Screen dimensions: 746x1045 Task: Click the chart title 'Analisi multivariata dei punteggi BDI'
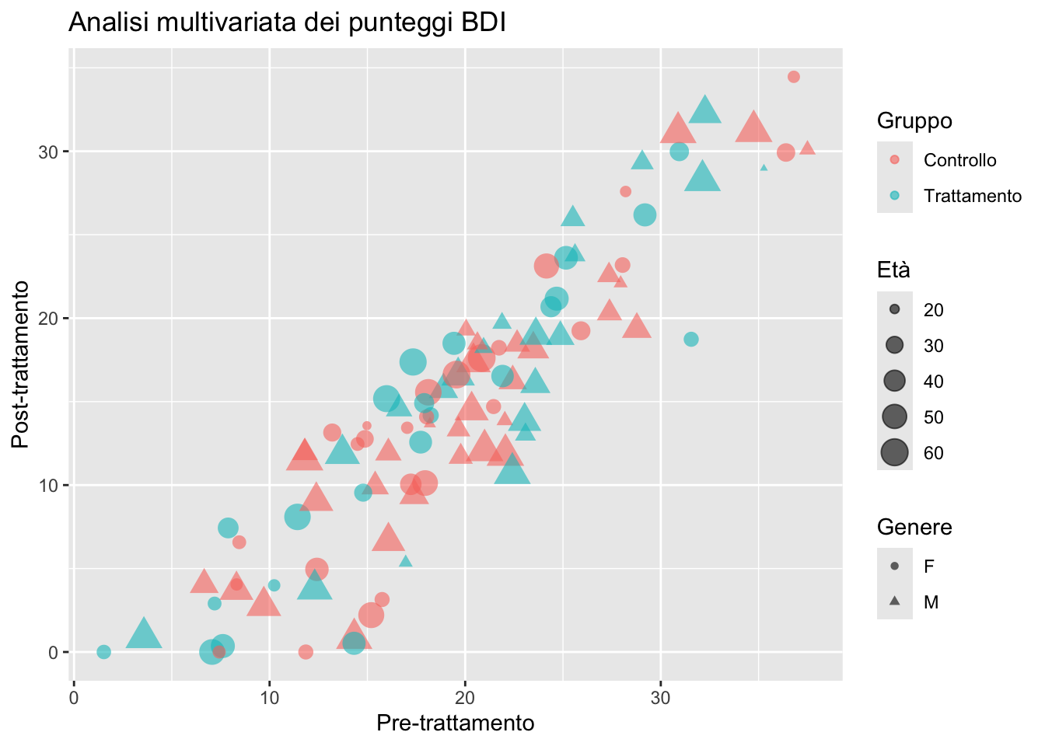point(288,23)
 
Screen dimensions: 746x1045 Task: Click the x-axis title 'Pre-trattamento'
point(456,723)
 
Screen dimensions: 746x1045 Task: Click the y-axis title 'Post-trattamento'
point(21,364)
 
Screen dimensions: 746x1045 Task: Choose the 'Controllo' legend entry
point(959,160)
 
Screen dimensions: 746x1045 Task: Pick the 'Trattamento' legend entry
point(972,196)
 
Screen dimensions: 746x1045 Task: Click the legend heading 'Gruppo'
point(914,120)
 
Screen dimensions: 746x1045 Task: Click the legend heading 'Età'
point(893,270)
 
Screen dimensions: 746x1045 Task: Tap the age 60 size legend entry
point(895,452)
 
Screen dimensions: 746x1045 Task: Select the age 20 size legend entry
point(895,309)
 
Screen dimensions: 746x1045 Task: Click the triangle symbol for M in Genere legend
point(895,601)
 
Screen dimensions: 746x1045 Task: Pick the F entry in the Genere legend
point(928,566)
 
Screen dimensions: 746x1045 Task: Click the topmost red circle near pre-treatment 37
point(794,77)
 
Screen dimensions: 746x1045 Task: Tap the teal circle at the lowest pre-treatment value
point(103,652)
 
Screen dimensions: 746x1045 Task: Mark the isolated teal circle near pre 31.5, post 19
point(691,340)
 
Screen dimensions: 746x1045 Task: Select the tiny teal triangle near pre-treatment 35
point(764,167)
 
